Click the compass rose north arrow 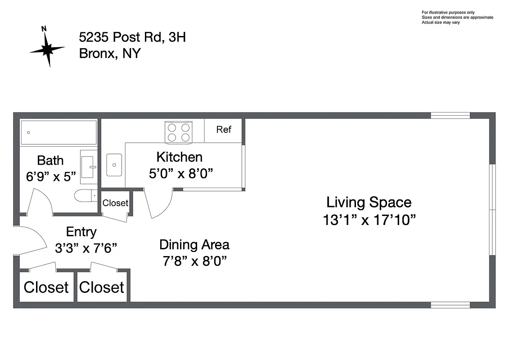pyautogui.click(x=47, y=47)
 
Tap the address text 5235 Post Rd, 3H pyautogui.click(x=132, y=37)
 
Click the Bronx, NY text pyautogui.click(x=109, y=54)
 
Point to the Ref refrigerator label pyautogui.click(x=224, y=130)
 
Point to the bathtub pyautogui.click(x=59, y=132)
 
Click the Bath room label pyautogui.click(x=50, y=160)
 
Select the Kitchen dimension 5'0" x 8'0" pyautogui.click(x=181, y=173)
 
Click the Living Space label pyautogui.click(x=369, y=202)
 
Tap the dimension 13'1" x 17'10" pyautogui.click(x=369, y=220)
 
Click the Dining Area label pyautogui.click(x=194, y=245)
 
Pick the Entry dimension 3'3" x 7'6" pyautogui.click(x=86, y=248)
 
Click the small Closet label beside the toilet pyautogui.click(x=115, y=203)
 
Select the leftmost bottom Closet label pyautogui.click(x=46, y=287)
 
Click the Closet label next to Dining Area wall pyautogui.click(x=101, y=287)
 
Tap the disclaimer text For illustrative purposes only pyautogui.click(x=448, y=12)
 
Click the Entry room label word pyautogui.click(x=81, y=232)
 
